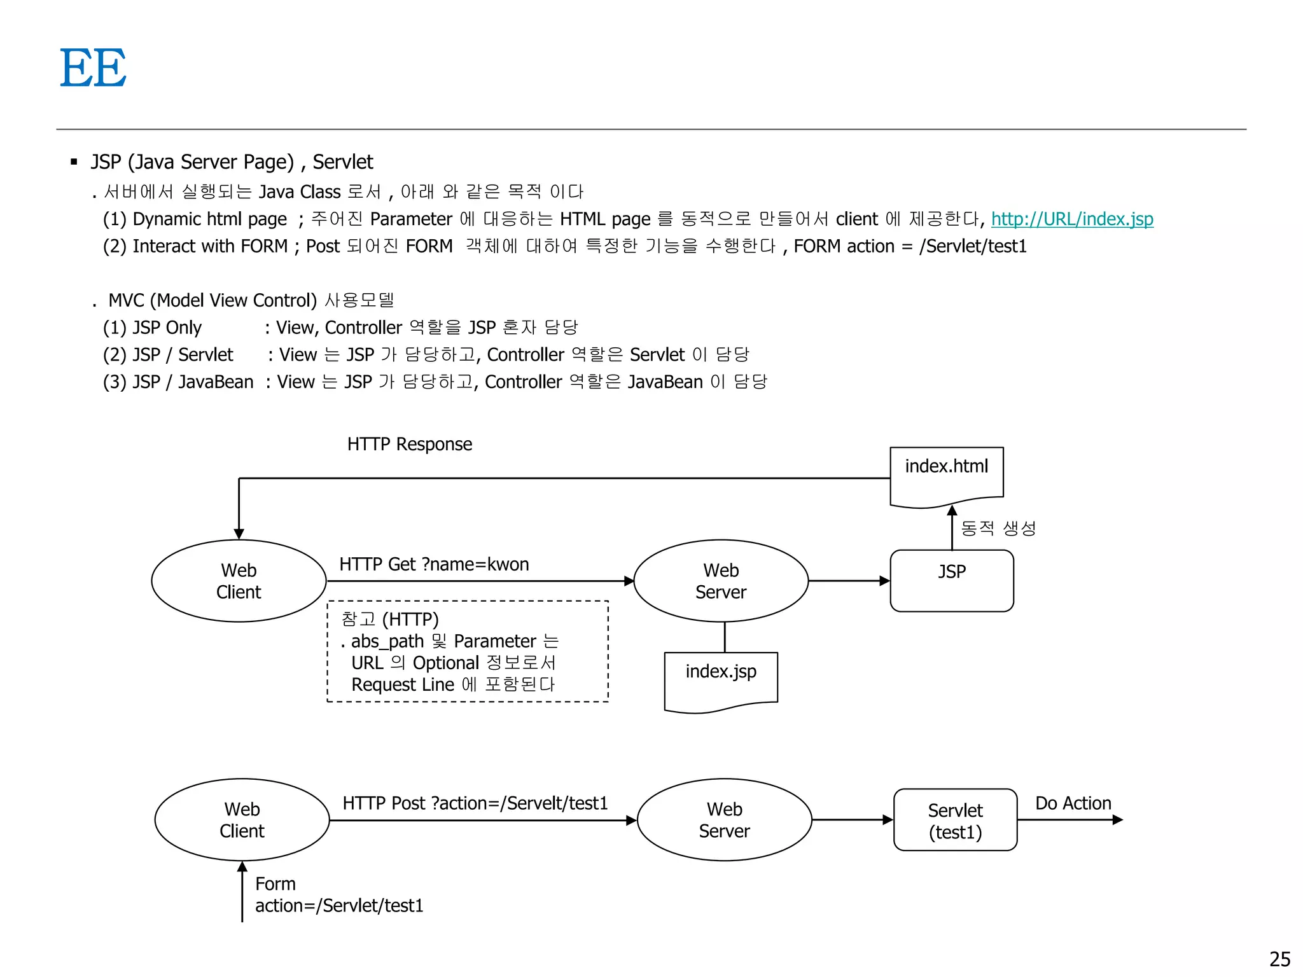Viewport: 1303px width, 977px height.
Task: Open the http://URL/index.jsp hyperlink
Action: (1071, 219)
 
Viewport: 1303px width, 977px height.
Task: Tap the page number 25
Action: (1279, 959)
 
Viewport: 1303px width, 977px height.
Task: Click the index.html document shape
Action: (946, 474)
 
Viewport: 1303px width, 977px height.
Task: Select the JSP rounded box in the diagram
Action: (951, 580)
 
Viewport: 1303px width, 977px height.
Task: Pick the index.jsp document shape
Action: (720, 679)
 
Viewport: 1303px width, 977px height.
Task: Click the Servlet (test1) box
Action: (954, 820)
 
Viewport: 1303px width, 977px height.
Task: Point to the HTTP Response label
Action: (409, 444)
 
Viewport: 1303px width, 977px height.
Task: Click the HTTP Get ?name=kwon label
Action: (434, 564)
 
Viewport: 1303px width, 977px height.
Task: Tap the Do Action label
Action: (1073, 803)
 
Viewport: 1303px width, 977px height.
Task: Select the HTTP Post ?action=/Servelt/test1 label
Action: (475, 803)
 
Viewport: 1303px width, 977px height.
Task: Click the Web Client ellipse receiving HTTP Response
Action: (239, 581)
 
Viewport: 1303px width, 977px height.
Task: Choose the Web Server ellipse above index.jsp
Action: (721, 581)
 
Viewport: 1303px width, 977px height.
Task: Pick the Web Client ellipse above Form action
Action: (242, 820)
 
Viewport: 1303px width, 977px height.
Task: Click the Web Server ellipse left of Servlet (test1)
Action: (724, 820)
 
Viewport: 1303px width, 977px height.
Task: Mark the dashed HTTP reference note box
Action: (468, 651)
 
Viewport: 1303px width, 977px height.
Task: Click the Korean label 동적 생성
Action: (998, 528)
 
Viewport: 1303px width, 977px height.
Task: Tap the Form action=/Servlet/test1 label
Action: (338, 895)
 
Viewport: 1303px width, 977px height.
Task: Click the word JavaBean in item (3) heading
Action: (216, 382)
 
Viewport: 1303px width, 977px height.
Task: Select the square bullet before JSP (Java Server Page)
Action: (74, 162)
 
